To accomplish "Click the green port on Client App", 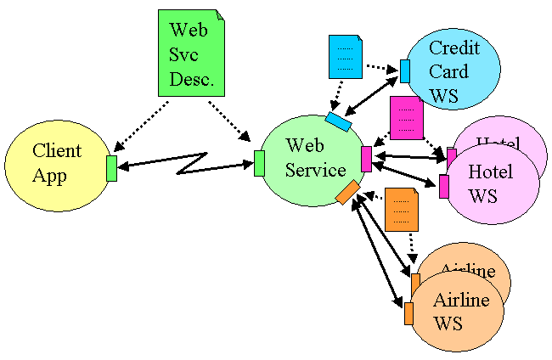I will tap(111, 168).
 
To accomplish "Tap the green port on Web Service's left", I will tap(259, 163).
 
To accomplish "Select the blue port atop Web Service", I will tap(339, 122).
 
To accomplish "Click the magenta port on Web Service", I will tap(366, 159).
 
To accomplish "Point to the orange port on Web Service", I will tap(347, 193).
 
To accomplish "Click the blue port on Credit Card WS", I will tap(405, 71).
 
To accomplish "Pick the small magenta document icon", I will tap(406, 117).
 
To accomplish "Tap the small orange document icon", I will tap(401, 209).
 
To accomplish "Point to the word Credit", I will tap(453, 48).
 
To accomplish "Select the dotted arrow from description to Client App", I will tap(140, 125).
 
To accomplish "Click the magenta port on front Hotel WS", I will tap(443, 187).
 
